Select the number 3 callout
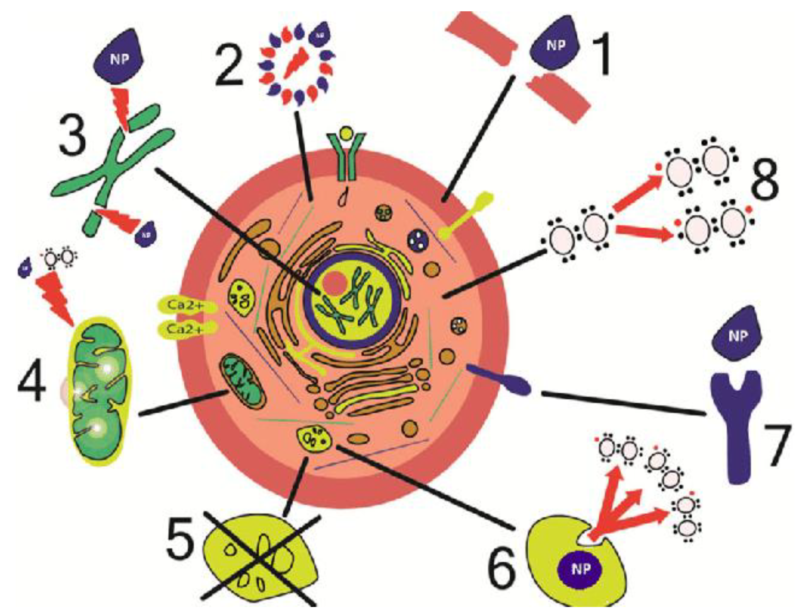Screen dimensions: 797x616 coord(73,137)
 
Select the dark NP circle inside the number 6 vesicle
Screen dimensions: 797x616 coord(580,569)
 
